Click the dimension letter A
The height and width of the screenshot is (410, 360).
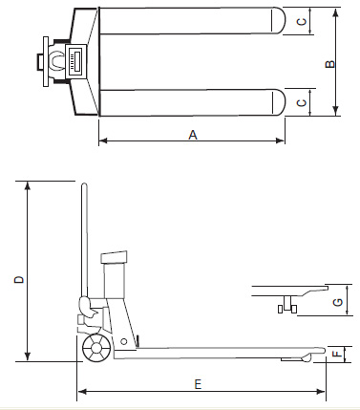coord(193,135)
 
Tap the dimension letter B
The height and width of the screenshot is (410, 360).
coord(330,64)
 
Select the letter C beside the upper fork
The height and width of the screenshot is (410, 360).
coord(301,21)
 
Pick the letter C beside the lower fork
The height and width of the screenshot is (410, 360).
coord(301,103)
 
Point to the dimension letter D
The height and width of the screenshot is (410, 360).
coord(19,280)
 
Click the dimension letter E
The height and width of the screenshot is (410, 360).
coord(198,384)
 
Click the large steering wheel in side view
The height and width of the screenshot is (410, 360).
coord(96,348)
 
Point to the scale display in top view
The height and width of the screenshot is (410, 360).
coord(75,60)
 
